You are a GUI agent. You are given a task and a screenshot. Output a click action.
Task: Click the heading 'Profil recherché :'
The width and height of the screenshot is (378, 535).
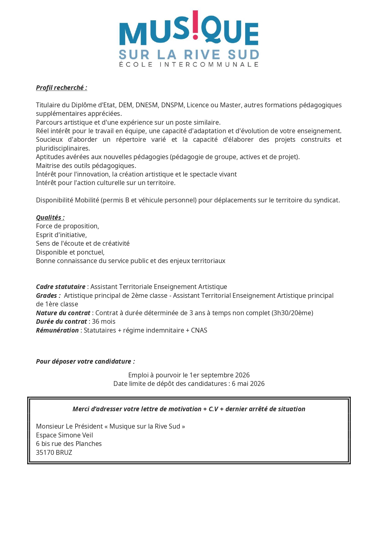point(62,88)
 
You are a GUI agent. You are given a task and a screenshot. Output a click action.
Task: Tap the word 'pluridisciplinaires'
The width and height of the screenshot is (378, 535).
point(62,148)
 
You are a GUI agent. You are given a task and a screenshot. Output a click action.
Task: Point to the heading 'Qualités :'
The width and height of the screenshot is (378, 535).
point(50,218)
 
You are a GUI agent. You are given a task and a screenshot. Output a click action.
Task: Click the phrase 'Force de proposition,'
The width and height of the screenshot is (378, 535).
point(67,226)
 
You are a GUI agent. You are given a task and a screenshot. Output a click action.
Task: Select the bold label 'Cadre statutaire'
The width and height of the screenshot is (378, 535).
point(61,287)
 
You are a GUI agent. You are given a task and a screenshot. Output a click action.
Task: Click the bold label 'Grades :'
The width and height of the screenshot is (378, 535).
point(48,296)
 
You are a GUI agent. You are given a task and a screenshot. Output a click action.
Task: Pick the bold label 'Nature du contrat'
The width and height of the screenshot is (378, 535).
point(63,313)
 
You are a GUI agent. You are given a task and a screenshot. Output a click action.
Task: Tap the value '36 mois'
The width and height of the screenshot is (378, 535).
point(104,322)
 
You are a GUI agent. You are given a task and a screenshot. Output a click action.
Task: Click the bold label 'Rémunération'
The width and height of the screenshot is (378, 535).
point(57,330)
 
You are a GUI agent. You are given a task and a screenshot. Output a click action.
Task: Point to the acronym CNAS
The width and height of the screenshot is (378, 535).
point(199,330)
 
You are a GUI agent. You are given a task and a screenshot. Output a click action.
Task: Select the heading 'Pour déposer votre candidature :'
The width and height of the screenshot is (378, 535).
point(85,362)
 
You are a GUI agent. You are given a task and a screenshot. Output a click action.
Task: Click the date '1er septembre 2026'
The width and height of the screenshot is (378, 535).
point(219,375)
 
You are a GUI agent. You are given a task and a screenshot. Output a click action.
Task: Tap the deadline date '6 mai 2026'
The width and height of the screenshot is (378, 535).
point(248,384)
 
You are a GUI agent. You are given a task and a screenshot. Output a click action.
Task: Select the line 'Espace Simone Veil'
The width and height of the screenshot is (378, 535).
point(64,435)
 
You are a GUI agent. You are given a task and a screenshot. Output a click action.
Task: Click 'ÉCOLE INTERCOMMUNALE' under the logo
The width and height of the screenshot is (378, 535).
point(189,65)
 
